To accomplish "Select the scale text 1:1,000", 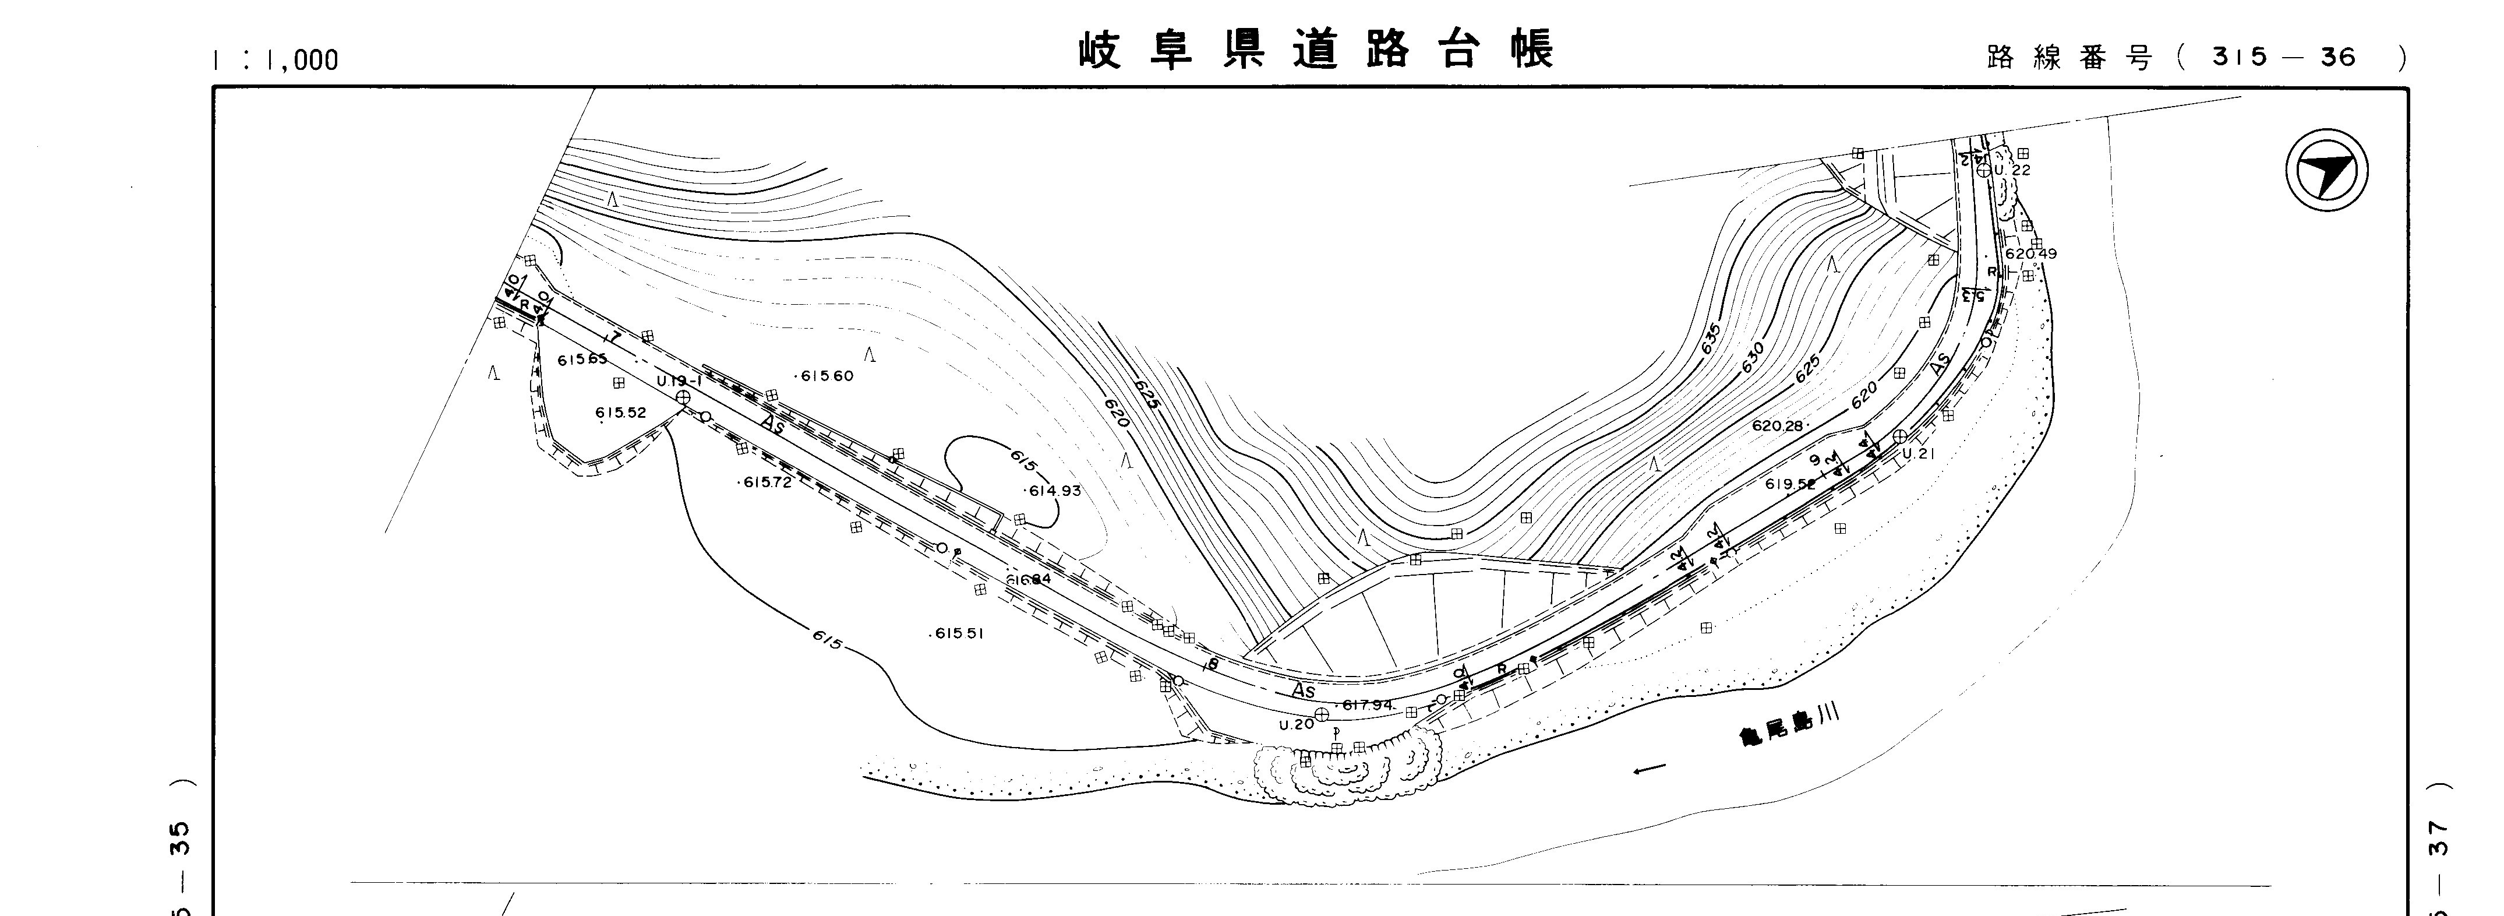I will point(275,60).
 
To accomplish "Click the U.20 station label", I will point(1296,724).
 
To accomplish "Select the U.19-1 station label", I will point(679,381).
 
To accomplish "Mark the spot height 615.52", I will point(620,413).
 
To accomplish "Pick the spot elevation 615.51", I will point(959,633).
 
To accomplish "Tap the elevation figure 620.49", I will point(2030,254).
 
